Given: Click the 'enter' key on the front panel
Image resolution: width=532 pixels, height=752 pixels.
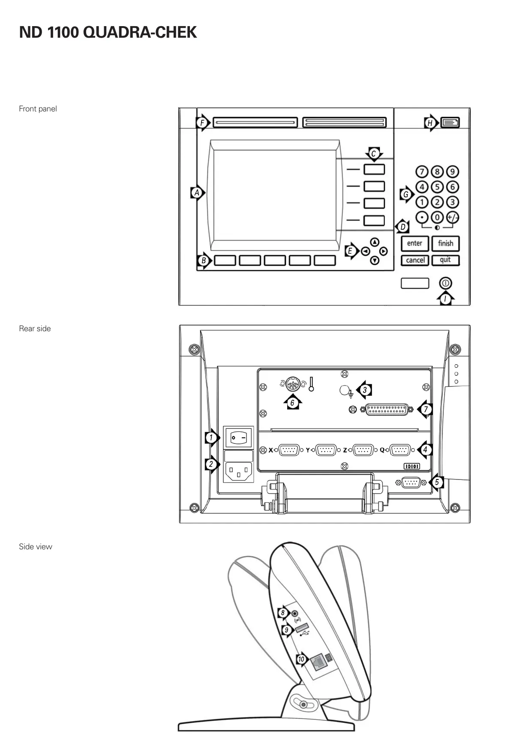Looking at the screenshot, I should pyautogui.click(x=415, y=243).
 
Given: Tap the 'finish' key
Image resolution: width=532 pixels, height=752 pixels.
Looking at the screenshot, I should pyautogui.click(x=445, y=243).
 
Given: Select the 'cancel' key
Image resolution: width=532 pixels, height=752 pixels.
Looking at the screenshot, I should pyautogui.click(x=415, y=260).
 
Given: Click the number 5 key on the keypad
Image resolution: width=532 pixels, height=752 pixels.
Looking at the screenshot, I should pyautogui.click(x=437, y=187).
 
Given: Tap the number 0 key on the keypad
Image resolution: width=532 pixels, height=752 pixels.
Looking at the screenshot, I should pyautogui.click(x=437, y=217).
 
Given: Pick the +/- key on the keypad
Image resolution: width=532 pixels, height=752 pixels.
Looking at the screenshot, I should pyautogui.click(x=452, y=217).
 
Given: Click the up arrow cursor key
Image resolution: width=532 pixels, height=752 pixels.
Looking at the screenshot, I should pyautogui.click(x=375, y=242).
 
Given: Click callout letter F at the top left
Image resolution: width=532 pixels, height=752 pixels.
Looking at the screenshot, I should pyautogui.click(x=202, y=123).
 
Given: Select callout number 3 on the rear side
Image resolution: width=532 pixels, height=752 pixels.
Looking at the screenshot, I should pyautogui.click(x=365, y=390).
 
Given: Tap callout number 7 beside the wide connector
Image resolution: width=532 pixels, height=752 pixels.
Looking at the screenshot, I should pyautogui.click(x=425, y=409).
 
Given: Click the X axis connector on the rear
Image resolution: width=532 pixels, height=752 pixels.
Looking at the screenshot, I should pyautogui.click(x=289, y=450).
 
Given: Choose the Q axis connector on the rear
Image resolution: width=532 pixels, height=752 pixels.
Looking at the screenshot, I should pyautogui.click(x=400, y=450).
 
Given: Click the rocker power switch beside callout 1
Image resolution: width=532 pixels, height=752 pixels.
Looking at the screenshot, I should pyautogui.click(x=239, y=437).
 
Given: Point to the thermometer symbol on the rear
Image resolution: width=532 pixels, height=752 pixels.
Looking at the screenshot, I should pyautogui.click(x=311, y=384).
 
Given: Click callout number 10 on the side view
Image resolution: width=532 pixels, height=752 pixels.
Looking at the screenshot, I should pyautogui.click(x=301, y=659).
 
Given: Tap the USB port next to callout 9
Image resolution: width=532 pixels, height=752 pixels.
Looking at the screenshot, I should pyautogui.click(x=302, y=629).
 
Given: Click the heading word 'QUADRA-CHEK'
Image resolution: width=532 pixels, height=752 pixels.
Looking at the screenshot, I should pyautogui.click(x=140, y=33).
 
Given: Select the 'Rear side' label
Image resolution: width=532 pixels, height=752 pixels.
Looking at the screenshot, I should pyautogui.click(x=35, y=329).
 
